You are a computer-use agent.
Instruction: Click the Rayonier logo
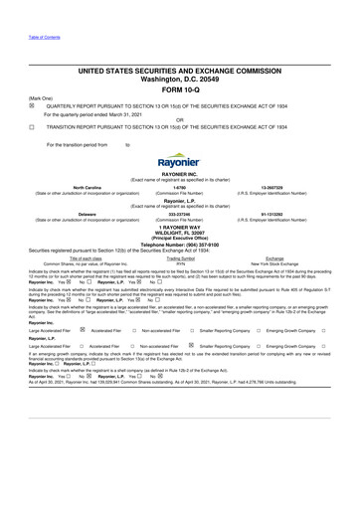[x=179, y=160]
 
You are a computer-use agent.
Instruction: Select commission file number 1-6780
[x=179, y=185]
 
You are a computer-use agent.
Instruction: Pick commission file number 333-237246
[x=179, y=212]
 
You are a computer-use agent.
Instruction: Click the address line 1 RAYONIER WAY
[x=179, y=227]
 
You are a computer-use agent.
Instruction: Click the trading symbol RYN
[x=180, y=262]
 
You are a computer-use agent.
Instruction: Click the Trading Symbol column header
[x=180, y=256]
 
